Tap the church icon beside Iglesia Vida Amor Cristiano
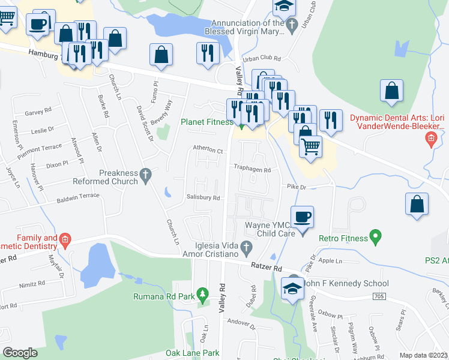[246, 247]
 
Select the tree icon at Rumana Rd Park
[203, 294]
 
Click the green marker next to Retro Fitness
[376, 238]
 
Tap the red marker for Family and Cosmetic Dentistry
[65, 242]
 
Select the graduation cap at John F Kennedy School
[293, 287]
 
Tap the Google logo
[20, 352]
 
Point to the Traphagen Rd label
[252, 170]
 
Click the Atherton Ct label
[208, 151]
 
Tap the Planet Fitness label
[207, 122]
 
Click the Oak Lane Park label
[193, 353]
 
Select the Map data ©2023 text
[424, 355]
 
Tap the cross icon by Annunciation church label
[292, 25]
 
